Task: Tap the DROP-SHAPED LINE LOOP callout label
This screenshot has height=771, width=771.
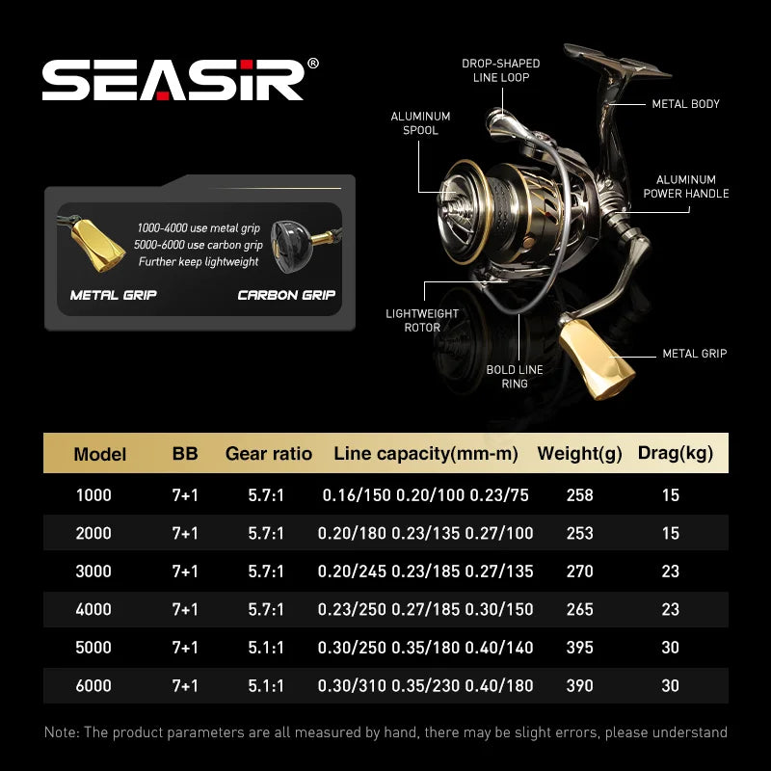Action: click(x=501, y=70)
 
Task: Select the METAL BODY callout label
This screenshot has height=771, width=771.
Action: click(x=685, y=104)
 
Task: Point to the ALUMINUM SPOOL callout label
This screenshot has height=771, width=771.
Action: click(x=420, y=123)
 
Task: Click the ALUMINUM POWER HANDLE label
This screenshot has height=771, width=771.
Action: click(x=685, y=186)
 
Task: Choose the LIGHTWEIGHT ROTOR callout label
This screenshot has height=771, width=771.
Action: click(x=422, y=320)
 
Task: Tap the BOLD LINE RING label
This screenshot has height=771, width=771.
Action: click(x=515, y=376)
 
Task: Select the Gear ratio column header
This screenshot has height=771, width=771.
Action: click(x=269, y=454)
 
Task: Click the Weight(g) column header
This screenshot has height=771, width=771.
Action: click(x=579, y=454)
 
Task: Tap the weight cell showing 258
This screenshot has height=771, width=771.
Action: click(x=580, y=495)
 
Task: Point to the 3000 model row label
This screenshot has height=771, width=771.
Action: click(x=93, y=572)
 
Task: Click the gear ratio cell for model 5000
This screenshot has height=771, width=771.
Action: click(x=266, y=648)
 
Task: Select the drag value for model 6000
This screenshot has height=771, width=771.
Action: click(x=671, y=686)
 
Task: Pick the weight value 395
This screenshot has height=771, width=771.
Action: click(x=580, y=648)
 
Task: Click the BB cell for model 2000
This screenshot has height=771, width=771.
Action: click(x=185, y=533)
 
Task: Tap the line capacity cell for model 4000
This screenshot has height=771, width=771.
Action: click(x=425, y=609)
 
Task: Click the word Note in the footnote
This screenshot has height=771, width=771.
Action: click(x=63, y=732)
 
